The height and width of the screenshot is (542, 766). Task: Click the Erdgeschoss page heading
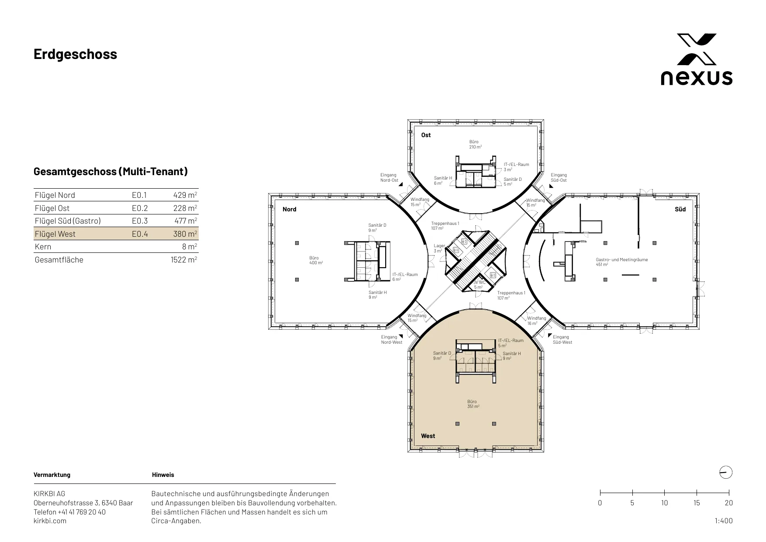tap(75, 54)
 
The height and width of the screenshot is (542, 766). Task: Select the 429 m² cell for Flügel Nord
tap(185, 195)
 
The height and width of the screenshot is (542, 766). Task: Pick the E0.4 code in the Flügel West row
tap(140, 234)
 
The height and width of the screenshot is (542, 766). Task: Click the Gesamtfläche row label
tap(59, 260)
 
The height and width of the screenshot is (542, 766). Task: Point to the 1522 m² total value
tap(184, 260)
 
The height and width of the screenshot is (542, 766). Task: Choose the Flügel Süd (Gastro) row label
tap(68, 221)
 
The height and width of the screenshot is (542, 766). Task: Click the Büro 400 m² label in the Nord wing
tap(316, 261)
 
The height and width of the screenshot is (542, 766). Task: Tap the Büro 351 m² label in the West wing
tap(473, 404)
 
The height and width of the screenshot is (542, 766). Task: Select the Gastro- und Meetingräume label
tap(622, 262)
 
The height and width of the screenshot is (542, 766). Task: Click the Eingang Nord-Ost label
tap(389, 177)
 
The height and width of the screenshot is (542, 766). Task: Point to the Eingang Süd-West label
tap(562, 339)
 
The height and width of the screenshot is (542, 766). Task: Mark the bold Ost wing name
tap(426, 135)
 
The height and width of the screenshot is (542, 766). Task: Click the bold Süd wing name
tap(680, 209)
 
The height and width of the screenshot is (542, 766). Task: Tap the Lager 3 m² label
tap(439, 248)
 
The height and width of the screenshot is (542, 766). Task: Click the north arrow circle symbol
tap(725, 473)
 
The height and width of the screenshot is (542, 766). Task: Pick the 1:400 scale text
tap(724, 521)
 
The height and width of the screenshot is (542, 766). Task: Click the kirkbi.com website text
tap(50, 521)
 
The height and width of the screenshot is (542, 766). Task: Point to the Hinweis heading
tap(163, 475)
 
